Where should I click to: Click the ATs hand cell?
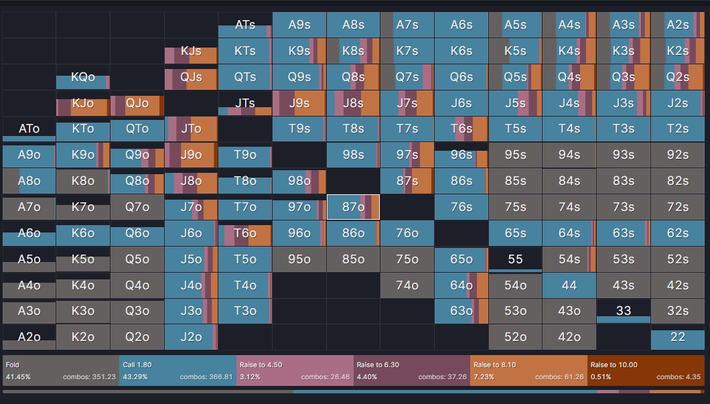click(245, 25)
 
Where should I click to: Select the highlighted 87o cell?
click(353, 207)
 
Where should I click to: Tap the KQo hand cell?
click(83, 78)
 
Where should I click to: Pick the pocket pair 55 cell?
click(515, 259)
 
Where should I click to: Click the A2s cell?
click(677, 25)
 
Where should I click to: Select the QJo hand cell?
click(137, 104)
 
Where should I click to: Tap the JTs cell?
click(245, 104)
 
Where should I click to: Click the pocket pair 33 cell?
click(623, 312)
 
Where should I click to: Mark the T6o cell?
click(245, 233)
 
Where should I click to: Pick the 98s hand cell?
click(353, 155)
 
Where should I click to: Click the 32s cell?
click(677, 312)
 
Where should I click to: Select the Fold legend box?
click(61, 371)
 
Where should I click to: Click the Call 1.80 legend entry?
click(177, 371)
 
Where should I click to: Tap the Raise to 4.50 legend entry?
click(295, 371)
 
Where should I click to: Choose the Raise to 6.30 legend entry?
click(411, 371)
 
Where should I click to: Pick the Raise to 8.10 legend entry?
click(528, 371)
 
